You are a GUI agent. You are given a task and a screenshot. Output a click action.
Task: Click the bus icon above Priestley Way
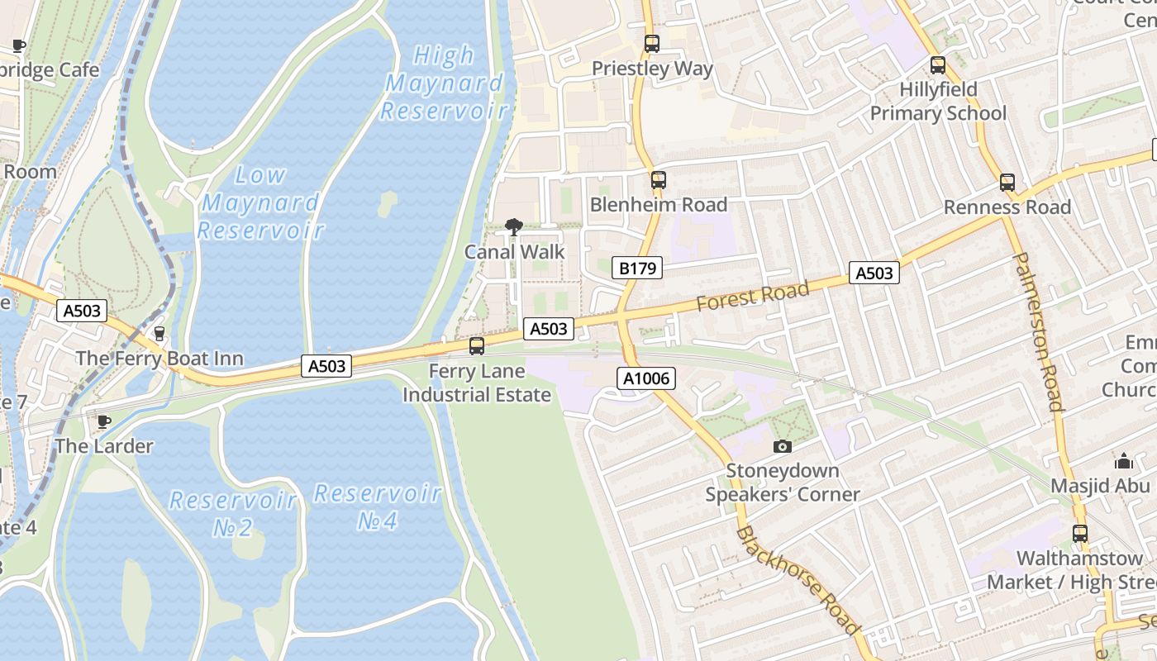[x=652, y=44]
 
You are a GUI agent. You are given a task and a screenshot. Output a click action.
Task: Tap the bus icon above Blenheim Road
[x=658, y=179]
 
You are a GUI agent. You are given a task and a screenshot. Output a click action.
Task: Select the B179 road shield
[x=637, y=268]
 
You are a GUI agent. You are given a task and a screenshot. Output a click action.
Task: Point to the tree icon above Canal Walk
[x=514, y=227]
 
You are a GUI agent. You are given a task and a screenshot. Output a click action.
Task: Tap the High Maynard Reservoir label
[x=444, y=83]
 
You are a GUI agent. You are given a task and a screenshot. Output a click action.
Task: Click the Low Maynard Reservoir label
[x=260, y=202]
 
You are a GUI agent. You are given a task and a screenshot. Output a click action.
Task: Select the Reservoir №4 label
[x=378, y=507]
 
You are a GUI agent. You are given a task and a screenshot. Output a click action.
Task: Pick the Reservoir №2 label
[x=233, y=513]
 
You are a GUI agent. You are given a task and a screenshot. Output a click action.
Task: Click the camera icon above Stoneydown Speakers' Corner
[x=782, y=446]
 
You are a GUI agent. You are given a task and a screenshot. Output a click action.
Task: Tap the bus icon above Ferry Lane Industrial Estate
[x=477, y=346]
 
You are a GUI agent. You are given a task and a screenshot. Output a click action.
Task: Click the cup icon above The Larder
[x=104, y=421]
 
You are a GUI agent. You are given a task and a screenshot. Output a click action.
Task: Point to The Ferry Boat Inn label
[x=160, y=358]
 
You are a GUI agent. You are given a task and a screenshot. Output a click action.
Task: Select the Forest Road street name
[x=752, y=297]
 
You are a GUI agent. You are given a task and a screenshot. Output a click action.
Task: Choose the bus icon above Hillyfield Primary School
[x=937, y=64]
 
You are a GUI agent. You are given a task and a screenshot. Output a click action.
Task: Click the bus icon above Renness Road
[x=1007, y=183]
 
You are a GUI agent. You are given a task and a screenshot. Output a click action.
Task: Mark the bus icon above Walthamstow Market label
[x=1079, y=533]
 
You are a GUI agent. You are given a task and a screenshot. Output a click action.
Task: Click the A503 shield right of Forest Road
[x=874, y=273]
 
